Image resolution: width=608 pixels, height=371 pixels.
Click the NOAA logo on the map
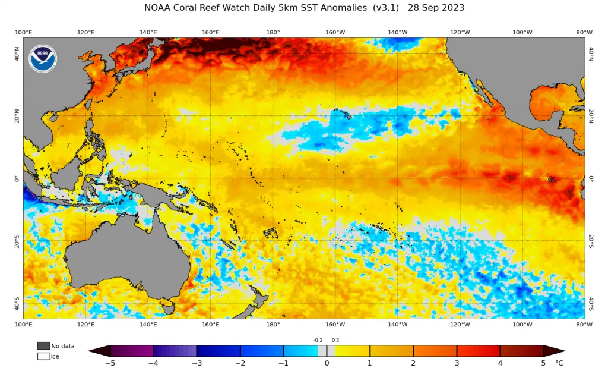[x=43, y=59]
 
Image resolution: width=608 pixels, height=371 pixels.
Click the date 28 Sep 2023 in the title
[x=436, y=8]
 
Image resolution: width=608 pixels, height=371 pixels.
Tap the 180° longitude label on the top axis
[x=273, y=32]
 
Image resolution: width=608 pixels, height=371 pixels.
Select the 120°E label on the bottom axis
[x=85, y=325]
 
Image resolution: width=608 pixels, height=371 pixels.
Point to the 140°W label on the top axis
[x=398, y=32]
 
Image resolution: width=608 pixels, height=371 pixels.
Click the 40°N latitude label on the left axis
[x=17, y=54]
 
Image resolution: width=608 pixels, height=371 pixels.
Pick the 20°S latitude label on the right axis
[x=591, y=241]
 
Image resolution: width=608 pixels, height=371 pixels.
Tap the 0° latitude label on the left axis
[x=17, y=179]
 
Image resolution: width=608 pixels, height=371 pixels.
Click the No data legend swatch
[x=44, y=346]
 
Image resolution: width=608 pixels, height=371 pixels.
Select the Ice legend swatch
[x=44, y=356]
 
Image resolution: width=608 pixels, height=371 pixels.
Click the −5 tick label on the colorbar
[x=110, y=363]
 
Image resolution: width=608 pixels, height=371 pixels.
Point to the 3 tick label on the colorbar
[x=457, y=363]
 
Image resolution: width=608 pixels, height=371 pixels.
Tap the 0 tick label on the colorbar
[x=327, y=363]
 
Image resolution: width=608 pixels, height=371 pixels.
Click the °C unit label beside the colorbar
[x=559, y=363]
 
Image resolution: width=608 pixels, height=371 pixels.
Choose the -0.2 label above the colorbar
[x=318, y=340]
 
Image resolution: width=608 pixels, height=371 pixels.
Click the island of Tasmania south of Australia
[x=168, y=309]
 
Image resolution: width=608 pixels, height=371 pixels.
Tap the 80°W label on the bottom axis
[x=584, y=325]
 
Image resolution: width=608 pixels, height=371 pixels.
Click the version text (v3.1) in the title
[x=386, y=8]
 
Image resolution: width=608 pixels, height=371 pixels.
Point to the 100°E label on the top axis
[x=23, y=32]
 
